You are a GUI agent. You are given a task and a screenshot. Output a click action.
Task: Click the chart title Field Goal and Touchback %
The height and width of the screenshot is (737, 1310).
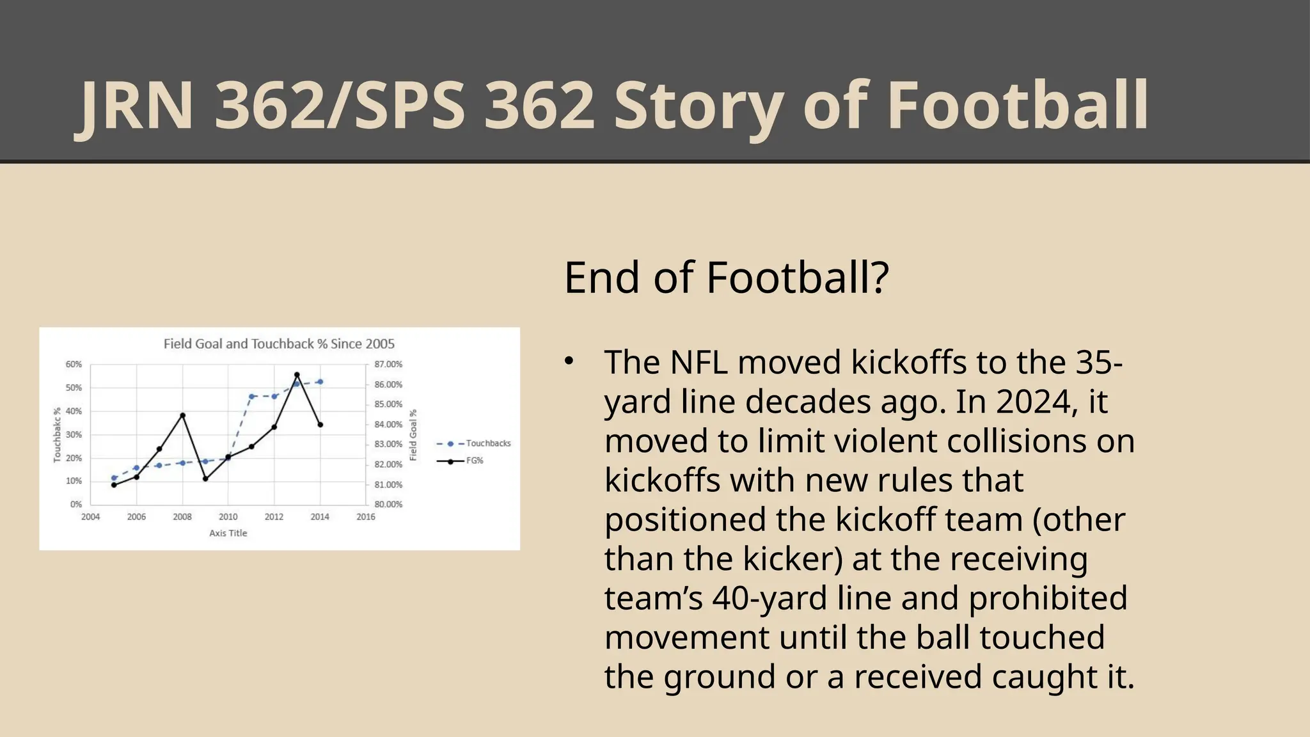point(279,344)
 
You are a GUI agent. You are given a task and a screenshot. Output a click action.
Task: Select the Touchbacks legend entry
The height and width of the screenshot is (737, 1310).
point(488,443)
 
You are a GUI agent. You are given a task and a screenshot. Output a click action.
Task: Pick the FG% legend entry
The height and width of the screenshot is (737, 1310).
point(475,461)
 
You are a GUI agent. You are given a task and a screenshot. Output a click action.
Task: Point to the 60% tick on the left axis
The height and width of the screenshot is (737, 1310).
point(74,364)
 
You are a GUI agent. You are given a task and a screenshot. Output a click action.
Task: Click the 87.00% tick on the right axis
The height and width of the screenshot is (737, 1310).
point(388,364)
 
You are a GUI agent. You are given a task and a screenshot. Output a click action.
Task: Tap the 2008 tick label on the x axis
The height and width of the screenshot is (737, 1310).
point(182,517)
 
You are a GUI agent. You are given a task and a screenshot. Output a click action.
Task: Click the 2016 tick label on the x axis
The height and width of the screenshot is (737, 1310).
point(366,517)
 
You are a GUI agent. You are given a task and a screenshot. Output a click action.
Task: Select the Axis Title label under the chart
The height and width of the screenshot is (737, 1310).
point(228,533)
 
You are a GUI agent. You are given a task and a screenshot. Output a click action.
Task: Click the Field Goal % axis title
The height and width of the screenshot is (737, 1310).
point(413,435)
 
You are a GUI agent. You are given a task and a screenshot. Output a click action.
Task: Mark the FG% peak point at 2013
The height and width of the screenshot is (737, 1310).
point(297,375)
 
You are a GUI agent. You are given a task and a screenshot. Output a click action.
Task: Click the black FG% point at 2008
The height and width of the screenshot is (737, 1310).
point(182,415)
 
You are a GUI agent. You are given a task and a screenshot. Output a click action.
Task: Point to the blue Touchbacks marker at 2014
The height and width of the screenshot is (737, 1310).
point(320,382)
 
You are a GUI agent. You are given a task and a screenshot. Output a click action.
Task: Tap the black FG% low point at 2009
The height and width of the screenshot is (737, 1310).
point(205,479)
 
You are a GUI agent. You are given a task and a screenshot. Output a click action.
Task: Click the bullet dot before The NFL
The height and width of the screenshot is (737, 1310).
point(569,361)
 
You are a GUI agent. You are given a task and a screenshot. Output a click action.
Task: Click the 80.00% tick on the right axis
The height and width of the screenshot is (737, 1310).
point(388,504)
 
